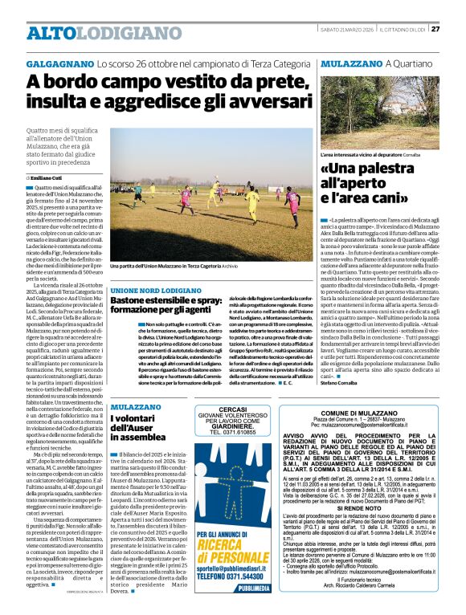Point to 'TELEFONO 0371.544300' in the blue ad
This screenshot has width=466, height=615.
click(x=233, y=576)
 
